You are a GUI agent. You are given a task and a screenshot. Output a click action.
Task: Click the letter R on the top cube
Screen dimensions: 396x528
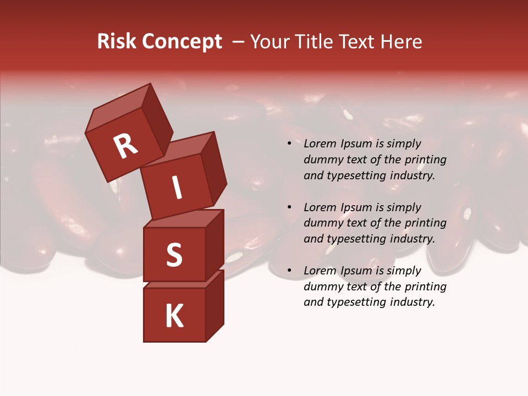coord(125,146)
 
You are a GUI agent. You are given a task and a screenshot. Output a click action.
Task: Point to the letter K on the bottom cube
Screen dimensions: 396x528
coord(174,316)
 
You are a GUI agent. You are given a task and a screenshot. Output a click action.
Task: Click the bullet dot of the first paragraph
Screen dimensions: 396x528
coord(289,144)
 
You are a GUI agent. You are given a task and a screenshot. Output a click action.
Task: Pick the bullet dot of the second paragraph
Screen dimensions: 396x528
coord(289,207)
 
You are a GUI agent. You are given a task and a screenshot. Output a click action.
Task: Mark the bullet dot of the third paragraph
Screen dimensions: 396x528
coord(289,271)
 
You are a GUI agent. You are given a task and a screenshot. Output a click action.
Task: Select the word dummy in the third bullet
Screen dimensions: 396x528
coord(321,287)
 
